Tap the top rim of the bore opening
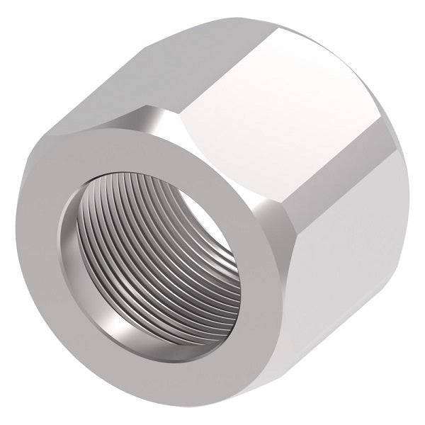142,163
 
